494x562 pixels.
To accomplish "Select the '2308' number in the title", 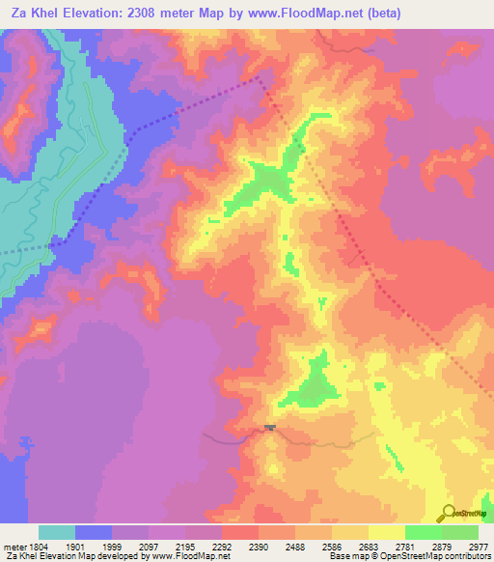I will pos(158,13).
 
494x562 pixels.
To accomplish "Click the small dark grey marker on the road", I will pos(270,427).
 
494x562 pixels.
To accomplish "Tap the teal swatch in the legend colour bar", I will pos(57,533).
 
